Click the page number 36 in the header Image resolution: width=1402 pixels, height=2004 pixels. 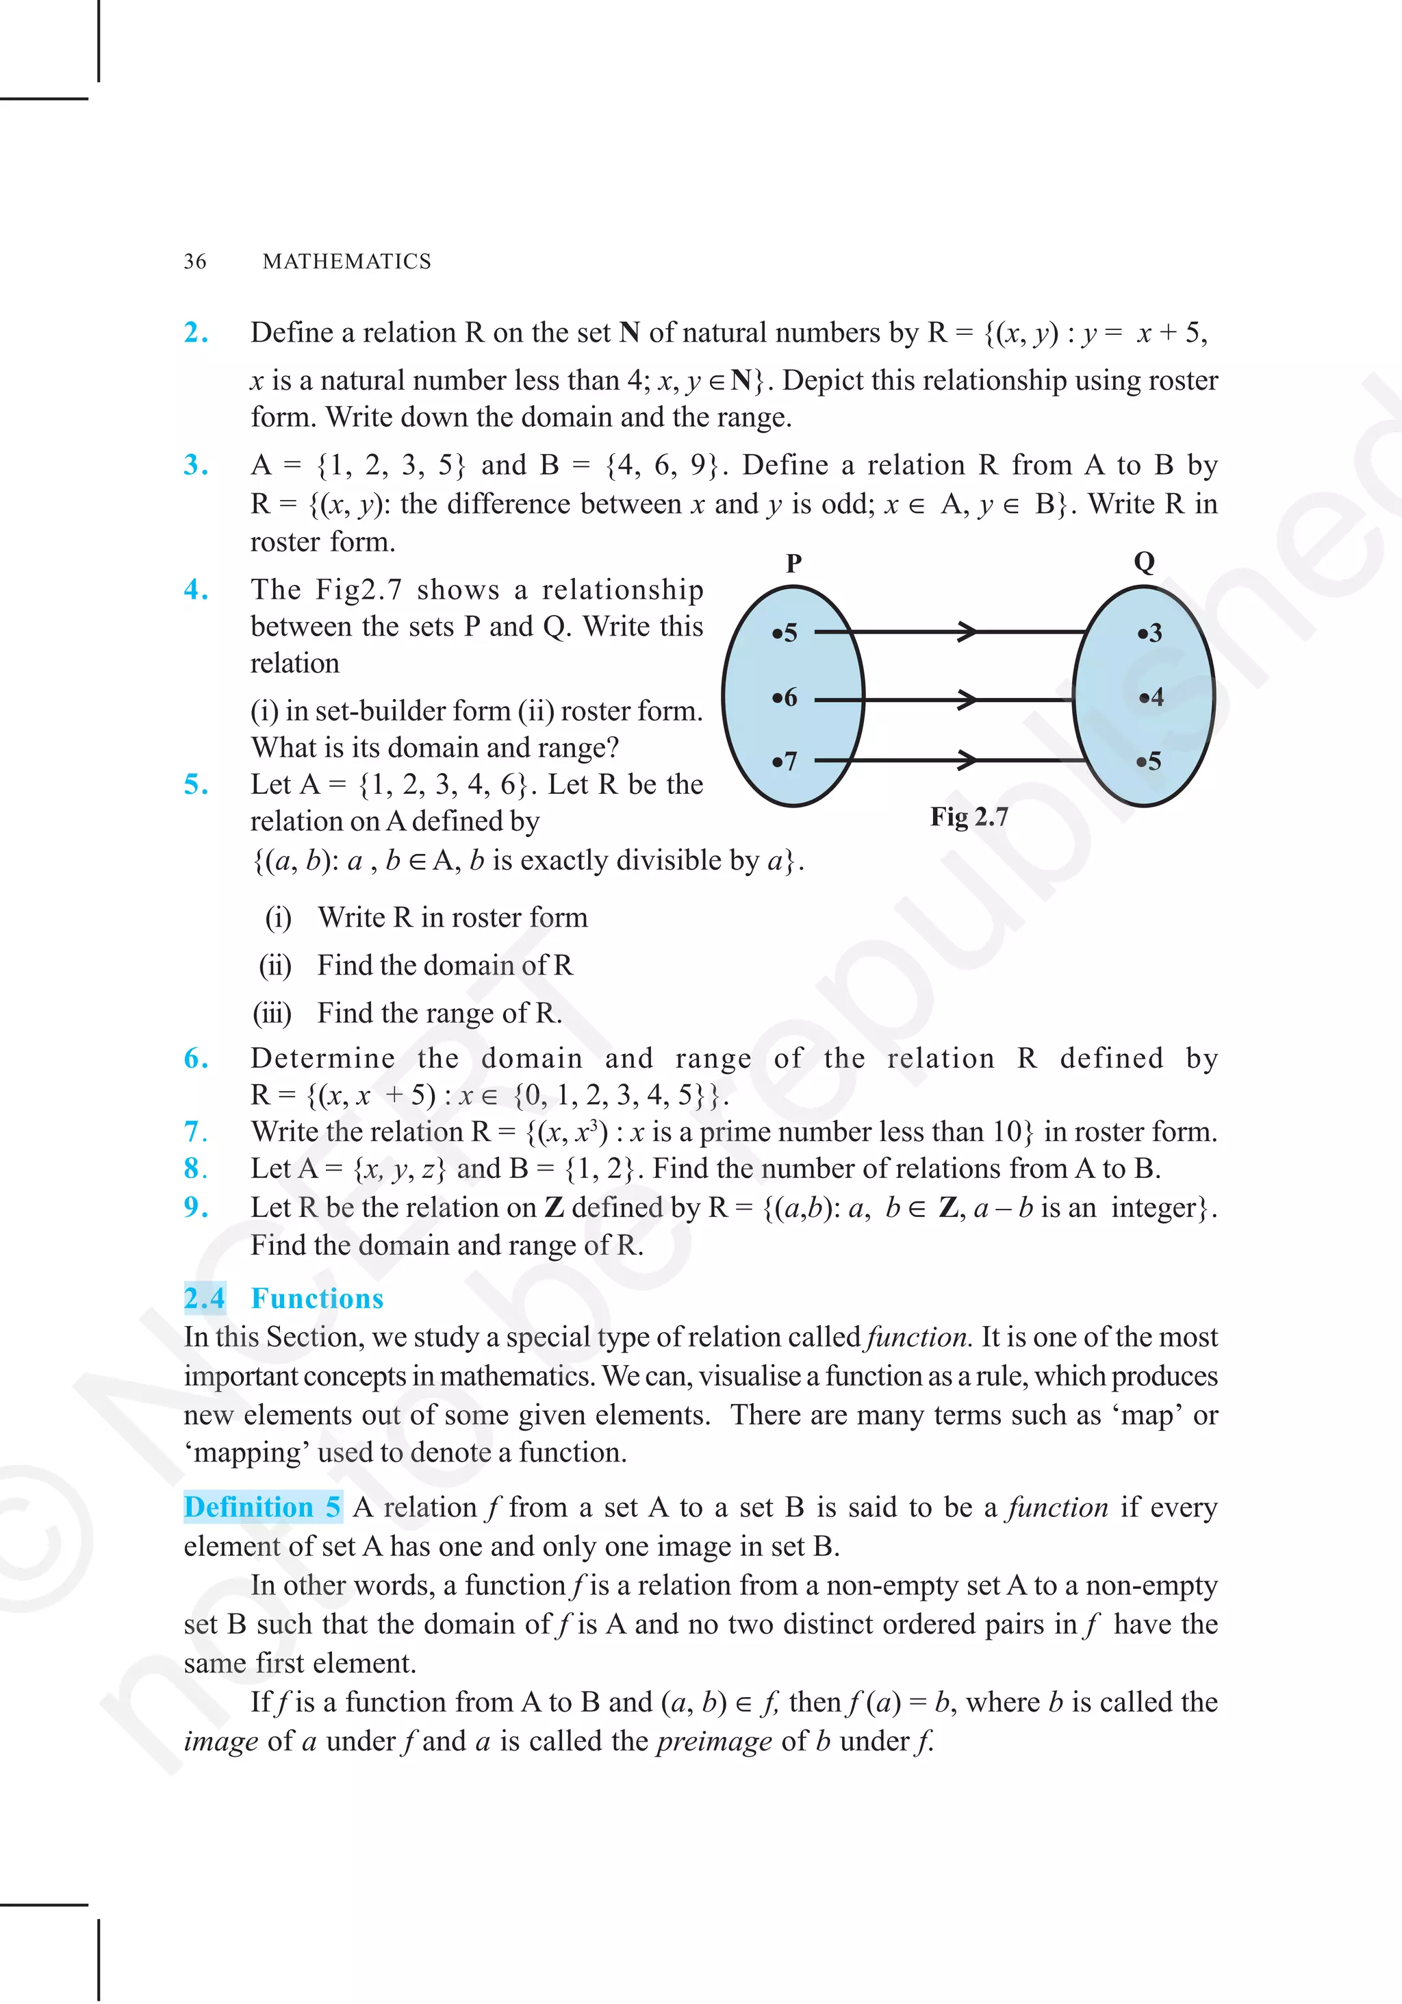[x=194, y=262]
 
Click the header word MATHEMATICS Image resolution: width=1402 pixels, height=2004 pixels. [x=346, y=262]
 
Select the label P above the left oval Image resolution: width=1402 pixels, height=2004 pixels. [x=793, y=564]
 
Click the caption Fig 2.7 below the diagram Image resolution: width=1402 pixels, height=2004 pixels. [x=969, y=817]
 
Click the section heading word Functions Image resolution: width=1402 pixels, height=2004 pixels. [x=318, y=1299]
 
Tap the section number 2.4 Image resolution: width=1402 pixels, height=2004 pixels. [x=204, y=1299]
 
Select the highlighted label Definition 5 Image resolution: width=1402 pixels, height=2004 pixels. [x=262, y=1507]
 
